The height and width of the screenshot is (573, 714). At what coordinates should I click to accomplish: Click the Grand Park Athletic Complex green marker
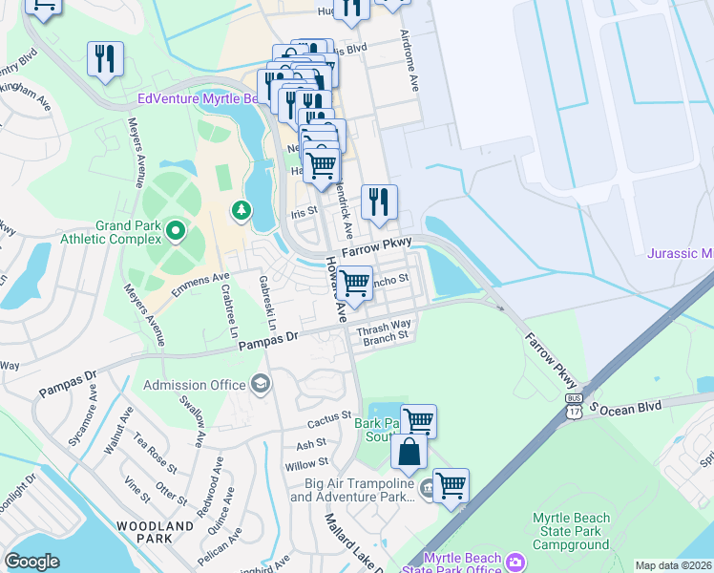175,230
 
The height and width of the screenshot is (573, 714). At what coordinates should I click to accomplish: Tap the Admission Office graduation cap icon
260,385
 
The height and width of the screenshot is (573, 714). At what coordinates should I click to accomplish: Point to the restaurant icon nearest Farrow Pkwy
380,202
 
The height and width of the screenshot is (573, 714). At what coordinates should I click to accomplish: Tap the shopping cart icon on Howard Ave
354,284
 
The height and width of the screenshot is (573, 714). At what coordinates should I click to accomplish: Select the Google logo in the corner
31,561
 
